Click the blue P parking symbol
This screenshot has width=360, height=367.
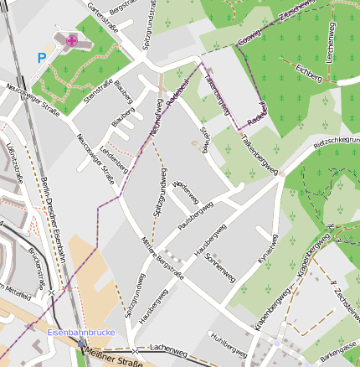click(x=42, y=59)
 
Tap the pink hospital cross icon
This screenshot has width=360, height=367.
click(x=72, y=39)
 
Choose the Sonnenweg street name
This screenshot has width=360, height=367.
click(x=219, y=266)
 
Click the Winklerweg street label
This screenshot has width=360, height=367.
click(x=186, y=192)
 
